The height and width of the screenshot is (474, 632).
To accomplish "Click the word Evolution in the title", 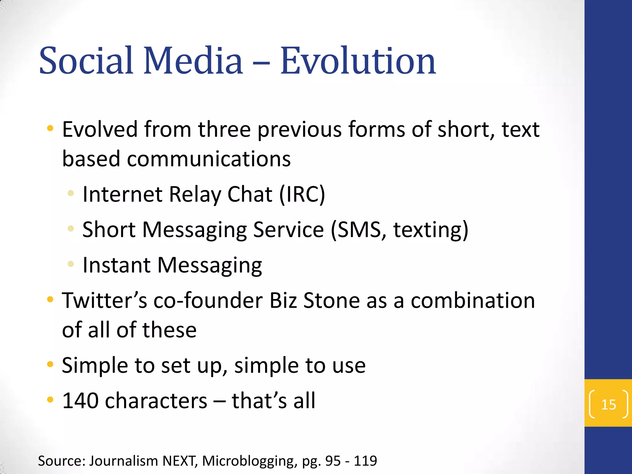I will pyautogui.click(x=358, y=61).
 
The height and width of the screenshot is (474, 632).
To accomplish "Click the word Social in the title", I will pyautogui.click(x=86, y=61).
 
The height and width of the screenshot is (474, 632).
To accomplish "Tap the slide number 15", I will pyautogui.click(x=609, y=405).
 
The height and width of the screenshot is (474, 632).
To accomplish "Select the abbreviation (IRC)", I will pyautogui.click(x=302, y=194).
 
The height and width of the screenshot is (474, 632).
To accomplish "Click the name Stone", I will pyautogui.click(x=331, y=301).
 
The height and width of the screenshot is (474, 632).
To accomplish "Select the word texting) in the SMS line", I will pyautogui.click(x=431, y=230).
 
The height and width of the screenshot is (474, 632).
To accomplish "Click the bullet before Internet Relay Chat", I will pyautogui.click(x=71, y=193).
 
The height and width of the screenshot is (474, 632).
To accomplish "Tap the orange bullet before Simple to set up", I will pyautogui.click(x=50, y=364).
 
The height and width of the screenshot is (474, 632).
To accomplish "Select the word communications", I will pyautogui.click(x=209, y=159).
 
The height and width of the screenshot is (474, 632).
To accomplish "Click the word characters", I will pyautogui.click(x=156, y=401).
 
